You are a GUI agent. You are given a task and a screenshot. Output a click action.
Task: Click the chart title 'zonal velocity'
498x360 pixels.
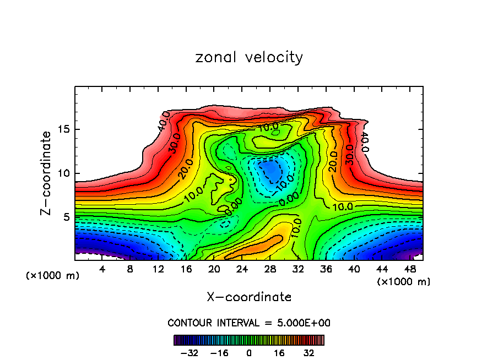pos(249,57)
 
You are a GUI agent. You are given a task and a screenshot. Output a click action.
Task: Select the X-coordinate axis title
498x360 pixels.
pos(249,297)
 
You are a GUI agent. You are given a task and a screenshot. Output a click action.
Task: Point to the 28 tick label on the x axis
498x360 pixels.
pos(270,269)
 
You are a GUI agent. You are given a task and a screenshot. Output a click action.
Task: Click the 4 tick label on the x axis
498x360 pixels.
pos(102,269)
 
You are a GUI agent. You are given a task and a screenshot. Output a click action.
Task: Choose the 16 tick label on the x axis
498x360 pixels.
pos(186,269)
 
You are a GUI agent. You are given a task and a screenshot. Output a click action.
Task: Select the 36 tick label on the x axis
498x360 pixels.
pos(326,269)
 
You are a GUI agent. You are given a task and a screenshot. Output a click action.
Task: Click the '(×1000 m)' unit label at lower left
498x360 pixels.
pos(53,276)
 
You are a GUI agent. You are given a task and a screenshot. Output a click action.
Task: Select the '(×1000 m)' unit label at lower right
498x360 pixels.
pos(403,282)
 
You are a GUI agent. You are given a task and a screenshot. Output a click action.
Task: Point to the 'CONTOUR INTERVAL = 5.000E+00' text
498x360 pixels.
pos(249,323)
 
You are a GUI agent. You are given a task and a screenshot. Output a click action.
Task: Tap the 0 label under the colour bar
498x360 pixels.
pos(249,353)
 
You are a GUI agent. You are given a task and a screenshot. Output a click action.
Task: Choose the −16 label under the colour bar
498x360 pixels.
pos(219,353)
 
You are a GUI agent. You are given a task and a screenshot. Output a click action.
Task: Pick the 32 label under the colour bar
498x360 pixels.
pos(308,353)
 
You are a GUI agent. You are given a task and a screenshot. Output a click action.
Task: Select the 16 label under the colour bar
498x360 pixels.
pos(279,353)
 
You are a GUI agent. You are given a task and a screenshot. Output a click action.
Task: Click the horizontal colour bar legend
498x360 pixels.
pos(249,340)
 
